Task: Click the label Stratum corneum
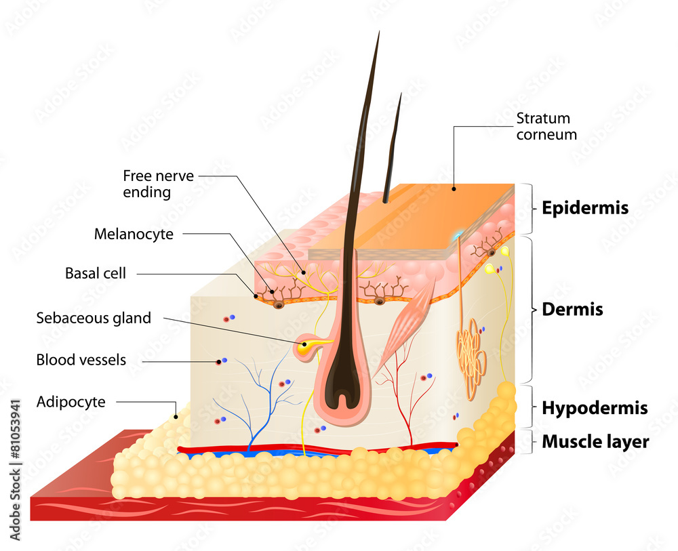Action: tap(546, 127)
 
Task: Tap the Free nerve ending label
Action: tap(158, 184)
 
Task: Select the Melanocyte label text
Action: tap(134, 235)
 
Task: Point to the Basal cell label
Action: tap(96, 274)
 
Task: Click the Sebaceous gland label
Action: tap(94, 318)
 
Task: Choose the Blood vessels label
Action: tap(81, 360)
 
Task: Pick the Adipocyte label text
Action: tap(71, 402)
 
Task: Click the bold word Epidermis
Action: tap(584, 209)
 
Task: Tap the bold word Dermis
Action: tap(572, 310)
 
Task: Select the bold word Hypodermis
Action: tap(595, 409)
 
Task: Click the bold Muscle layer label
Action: tap(595, 443)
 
